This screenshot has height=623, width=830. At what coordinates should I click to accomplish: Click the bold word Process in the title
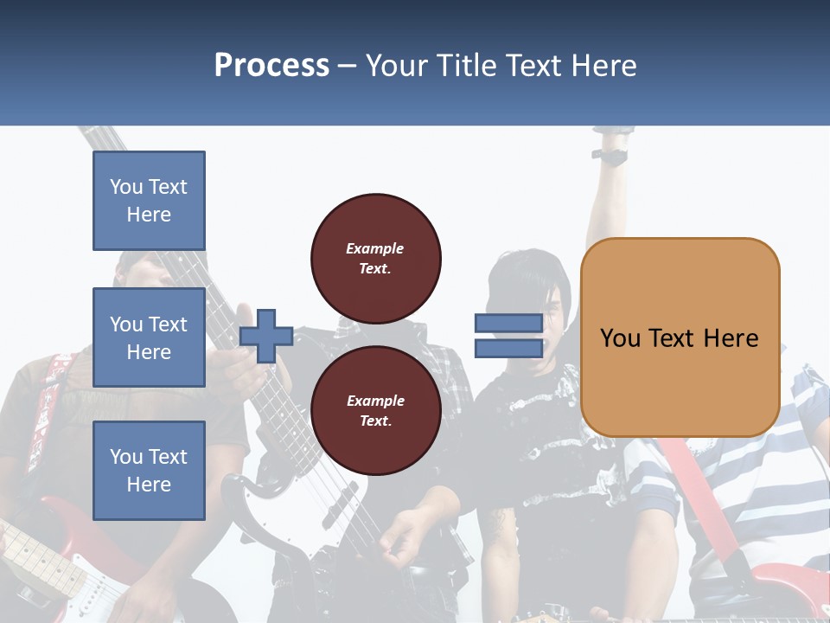271,65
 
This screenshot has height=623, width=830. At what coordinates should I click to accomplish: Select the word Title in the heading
469,65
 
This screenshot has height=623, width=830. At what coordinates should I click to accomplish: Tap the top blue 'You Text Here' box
149,201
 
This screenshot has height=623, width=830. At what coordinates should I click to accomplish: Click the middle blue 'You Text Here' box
149,337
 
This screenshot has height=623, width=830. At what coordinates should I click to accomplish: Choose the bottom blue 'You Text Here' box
149,470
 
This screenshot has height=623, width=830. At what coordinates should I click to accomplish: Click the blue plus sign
266,336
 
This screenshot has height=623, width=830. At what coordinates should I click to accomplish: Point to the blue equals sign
508,336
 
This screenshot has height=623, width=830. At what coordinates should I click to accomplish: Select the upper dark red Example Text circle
375,259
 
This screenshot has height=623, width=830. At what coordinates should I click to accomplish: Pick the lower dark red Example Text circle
375,410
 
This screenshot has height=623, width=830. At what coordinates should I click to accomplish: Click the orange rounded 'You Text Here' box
680,337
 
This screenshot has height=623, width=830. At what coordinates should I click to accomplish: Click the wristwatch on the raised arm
610,157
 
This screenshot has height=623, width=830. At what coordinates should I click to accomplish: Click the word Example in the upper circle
375,248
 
